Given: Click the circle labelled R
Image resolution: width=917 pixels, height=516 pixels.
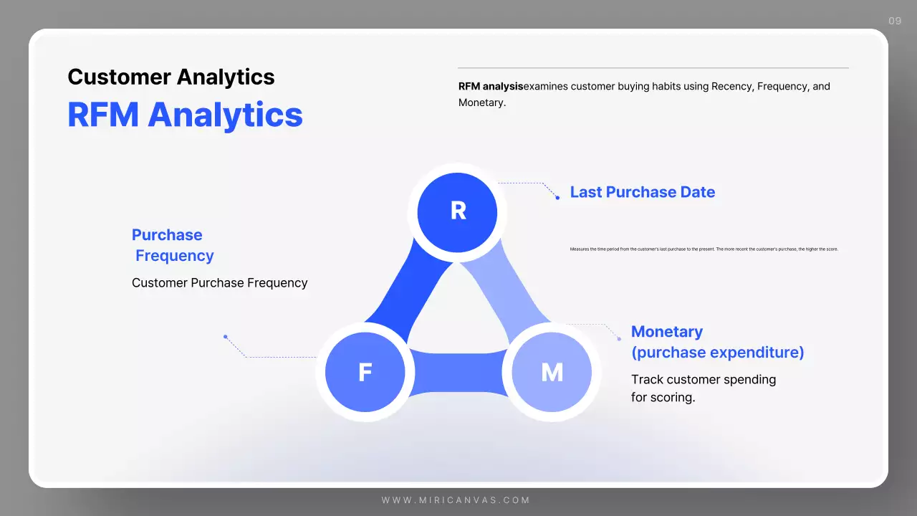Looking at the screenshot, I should (457, 211).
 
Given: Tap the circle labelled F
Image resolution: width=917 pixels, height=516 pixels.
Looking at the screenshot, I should (365, 373).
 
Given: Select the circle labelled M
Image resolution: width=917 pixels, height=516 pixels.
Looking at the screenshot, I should (552, 373).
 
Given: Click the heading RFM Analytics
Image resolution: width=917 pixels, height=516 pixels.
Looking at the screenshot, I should (185, 115).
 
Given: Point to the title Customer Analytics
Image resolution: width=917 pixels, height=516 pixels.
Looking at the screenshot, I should (171, 77).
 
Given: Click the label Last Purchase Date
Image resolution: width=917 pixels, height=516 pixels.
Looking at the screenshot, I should (642, 192).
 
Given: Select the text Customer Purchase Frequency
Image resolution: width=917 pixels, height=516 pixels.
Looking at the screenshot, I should (219, 283).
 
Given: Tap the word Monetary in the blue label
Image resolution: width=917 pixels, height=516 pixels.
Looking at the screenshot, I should (666, 332).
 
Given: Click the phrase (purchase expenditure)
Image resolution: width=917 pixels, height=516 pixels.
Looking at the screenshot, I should (717, 353).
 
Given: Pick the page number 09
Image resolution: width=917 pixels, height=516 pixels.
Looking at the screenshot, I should (895, 21).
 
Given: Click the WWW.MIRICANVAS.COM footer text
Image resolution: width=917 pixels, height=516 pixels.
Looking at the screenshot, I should (456, 500).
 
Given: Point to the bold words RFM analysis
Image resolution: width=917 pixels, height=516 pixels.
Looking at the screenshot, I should (490, 87).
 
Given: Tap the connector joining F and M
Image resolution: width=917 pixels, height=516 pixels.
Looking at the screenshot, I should (458, 373).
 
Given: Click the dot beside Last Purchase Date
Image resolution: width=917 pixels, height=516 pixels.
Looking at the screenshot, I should (557, 197).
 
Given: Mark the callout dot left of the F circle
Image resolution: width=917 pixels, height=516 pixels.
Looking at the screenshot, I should (225, 336).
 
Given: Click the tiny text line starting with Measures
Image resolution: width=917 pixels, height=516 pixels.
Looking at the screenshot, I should (704, 249).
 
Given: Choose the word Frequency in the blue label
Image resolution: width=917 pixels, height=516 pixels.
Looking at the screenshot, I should (175, 256).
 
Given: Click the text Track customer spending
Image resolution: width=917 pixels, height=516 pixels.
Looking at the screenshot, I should (703, 379).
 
